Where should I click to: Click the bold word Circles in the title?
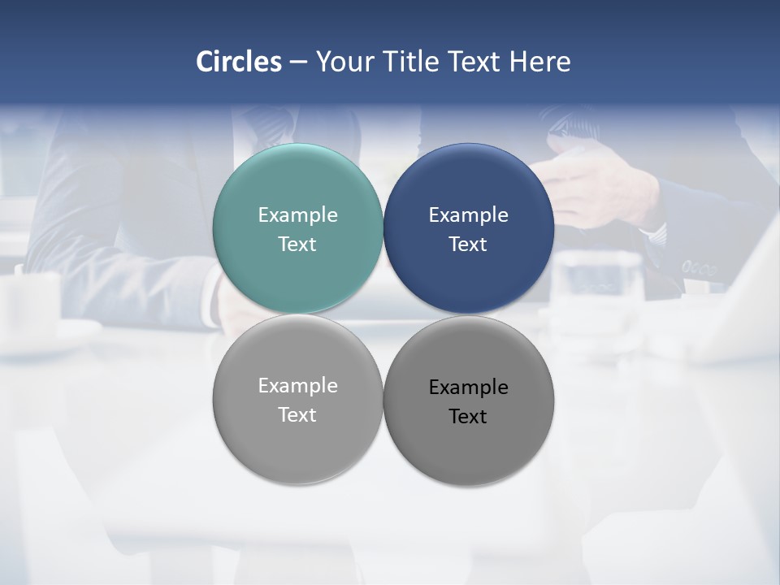pos(239,62)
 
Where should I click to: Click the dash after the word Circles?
pos(298,63)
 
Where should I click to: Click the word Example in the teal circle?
pos(297,215)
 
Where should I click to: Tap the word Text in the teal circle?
pos(297,245)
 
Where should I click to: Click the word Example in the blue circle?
pos(469,215)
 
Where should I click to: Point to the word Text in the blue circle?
pos(469,245)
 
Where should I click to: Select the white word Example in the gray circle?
pos(297,386)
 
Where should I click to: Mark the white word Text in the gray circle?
pos(297,415)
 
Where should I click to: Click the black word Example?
pos(469,388)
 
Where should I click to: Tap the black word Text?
pos(469,417)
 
